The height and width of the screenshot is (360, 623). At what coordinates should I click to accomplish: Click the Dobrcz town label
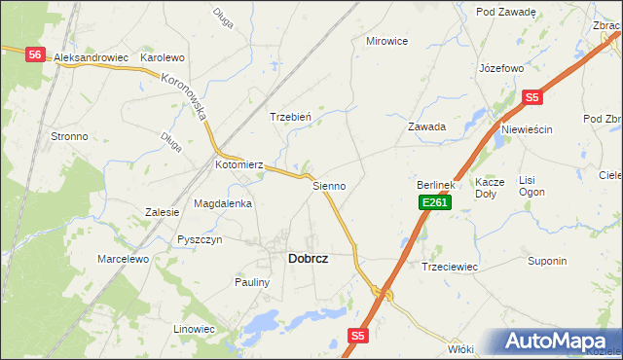point(308,259)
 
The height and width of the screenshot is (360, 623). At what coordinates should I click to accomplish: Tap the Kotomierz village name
point(239,165)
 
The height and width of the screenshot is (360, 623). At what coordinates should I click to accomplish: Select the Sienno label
point(329,185)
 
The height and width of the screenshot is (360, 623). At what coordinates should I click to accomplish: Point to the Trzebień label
point(290,117)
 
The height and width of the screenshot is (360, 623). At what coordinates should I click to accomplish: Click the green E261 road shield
point(434,201)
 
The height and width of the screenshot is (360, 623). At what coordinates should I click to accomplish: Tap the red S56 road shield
point(35,55)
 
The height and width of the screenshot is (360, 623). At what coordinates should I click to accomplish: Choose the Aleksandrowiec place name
point(92,58)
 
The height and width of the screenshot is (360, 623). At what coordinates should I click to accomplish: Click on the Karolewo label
point(163,58)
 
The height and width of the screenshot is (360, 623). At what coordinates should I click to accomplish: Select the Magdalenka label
point(223,204)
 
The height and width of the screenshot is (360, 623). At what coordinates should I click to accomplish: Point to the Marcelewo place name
point(123,260)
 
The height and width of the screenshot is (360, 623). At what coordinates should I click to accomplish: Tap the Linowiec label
point(194,329)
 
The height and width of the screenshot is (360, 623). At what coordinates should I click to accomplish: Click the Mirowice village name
point(386,41)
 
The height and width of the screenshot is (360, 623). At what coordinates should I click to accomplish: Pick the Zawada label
point(426,126)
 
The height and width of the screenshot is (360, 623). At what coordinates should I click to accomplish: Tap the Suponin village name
point(547,261)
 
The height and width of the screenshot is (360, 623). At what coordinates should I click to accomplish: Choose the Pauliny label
point(251,282)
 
